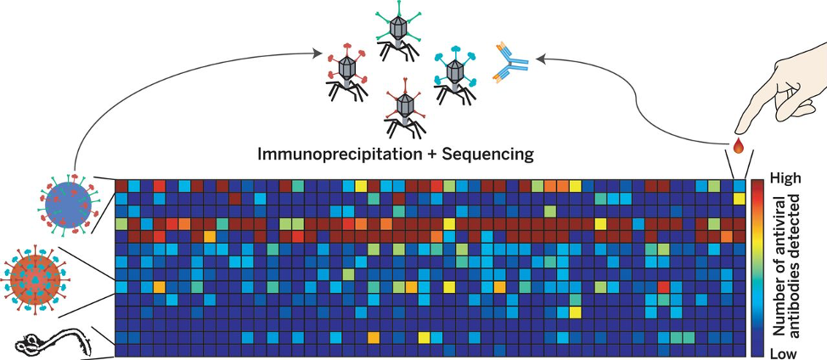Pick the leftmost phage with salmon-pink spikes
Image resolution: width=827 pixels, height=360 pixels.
pos(346,72)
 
